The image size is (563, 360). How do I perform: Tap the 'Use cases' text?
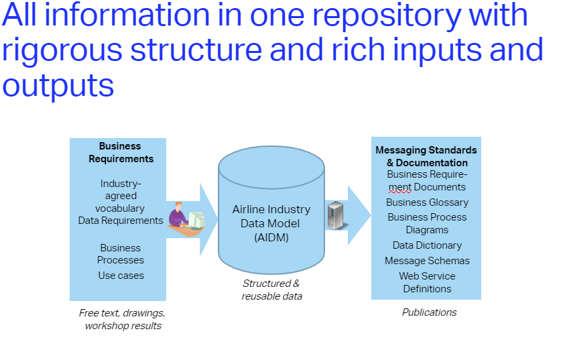point(121,275)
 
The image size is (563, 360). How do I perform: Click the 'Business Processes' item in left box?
point(121,254)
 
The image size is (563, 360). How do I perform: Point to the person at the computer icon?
point(186,219)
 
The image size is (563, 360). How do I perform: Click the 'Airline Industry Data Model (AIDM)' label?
point(271,223)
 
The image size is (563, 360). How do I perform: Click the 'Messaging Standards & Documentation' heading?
point(426,156)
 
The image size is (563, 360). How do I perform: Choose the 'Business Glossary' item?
point(427,202)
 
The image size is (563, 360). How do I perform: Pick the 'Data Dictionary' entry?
point(427,245)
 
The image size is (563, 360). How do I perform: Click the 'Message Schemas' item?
point(427,261)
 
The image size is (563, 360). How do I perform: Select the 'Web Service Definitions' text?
point(427,282)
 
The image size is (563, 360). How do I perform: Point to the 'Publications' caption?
point(429,312)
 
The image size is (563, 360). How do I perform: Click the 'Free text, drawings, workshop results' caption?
point(122,319)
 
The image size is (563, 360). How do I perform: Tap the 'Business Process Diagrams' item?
point(427,223)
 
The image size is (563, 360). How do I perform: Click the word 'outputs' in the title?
point(58,86)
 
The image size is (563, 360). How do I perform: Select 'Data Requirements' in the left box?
point(121,220)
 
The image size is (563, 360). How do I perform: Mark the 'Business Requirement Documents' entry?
point(427,180)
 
